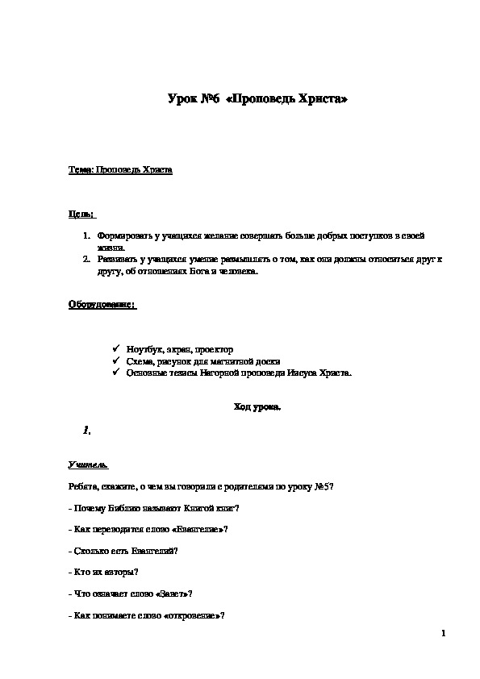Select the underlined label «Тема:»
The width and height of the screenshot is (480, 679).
pos(81,171)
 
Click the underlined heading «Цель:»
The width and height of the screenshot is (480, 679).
pos(81,215)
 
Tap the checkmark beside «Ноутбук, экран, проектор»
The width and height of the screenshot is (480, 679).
pos(117,349)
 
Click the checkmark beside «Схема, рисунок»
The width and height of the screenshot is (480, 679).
pos(117,361)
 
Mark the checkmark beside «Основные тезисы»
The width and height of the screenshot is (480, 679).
pos(117,373)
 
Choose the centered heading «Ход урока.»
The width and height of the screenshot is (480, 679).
pos(257,407)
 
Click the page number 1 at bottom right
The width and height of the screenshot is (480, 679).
pos(444,636)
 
